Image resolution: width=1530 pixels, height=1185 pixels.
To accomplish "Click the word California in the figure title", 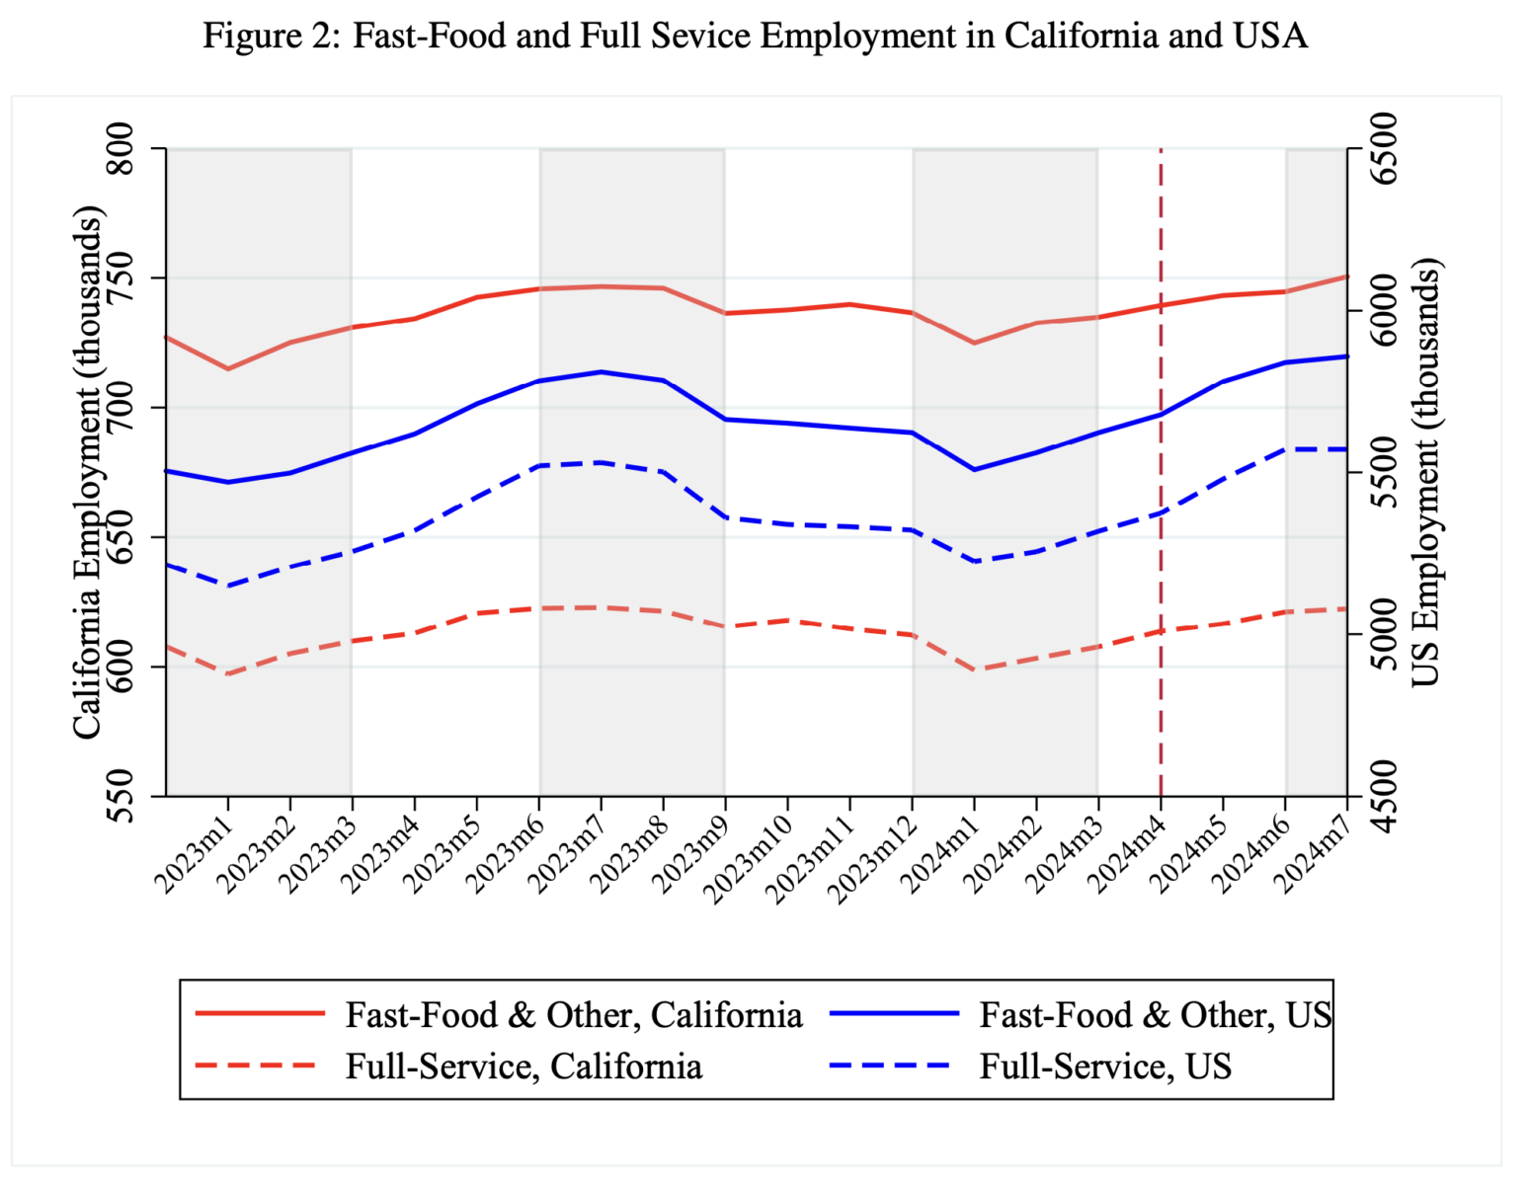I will pos(1081,36).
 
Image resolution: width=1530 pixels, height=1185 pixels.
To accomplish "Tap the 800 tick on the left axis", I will pos(120,149).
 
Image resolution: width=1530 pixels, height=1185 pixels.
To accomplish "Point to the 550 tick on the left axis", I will pos(120,796).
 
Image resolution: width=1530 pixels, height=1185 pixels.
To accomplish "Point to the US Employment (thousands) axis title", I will pos(1425,472).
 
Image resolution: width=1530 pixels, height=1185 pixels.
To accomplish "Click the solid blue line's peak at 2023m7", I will pos(601,372).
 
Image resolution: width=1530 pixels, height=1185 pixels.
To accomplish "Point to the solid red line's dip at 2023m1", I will pos(228,369).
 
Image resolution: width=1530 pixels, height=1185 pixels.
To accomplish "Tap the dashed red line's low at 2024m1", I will pos(975,670).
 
